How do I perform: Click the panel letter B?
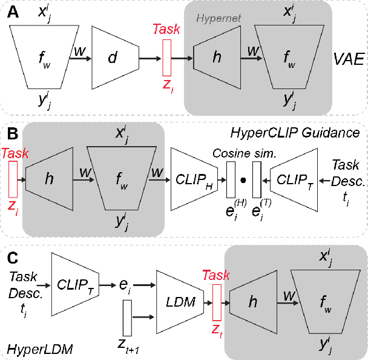click(11, 133)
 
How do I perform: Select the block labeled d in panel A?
click(115, 58)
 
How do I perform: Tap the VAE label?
click(348, 59)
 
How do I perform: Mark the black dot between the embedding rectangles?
click(243, 179)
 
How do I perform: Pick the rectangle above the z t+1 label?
click(127, 317)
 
